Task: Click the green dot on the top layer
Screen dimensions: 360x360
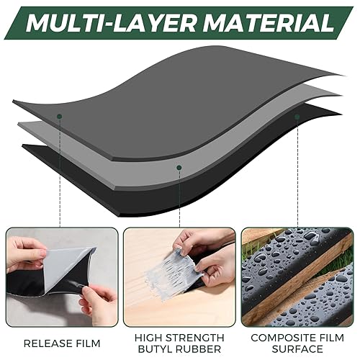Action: [60, 115]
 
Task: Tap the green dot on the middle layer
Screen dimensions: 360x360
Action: [179, 167]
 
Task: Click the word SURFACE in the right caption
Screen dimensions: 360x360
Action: [298, 350]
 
